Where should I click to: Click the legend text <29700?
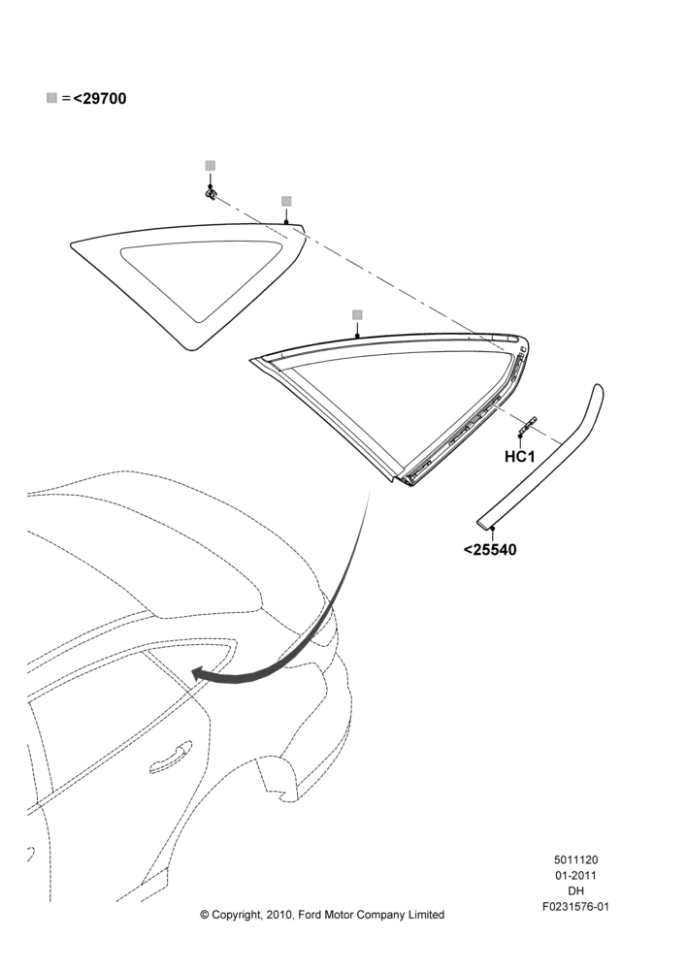100,98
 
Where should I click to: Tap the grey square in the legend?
52,98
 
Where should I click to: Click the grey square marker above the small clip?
211,166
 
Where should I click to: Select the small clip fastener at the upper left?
211,195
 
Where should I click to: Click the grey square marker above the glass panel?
286,201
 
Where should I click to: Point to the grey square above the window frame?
357,315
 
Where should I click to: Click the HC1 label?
520,457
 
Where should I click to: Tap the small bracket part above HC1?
527,425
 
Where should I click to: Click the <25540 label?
490,549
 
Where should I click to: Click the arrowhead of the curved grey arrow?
199,674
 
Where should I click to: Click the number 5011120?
575,859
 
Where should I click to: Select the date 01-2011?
575,875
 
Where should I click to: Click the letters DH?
575,891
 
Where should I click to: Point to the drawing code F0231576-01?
575,907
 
